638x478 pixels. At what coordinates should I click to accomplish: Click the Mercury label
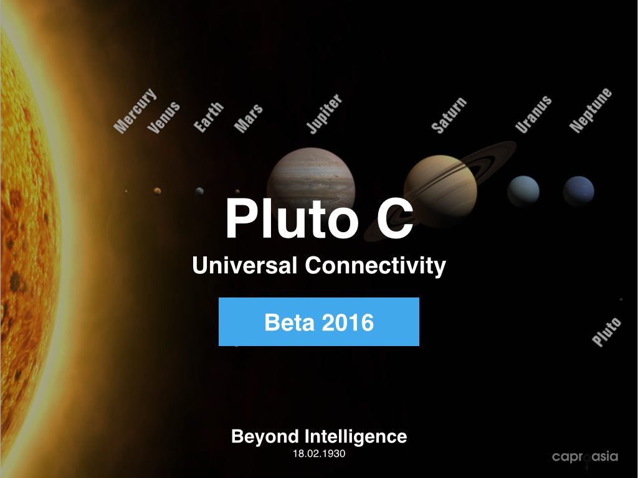click(x=135, y=111)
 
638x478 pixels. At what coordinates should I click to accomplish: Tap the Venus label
click(x=164, y=118)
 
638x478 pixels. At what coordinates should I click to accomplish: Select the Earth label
click(x=208, y=117)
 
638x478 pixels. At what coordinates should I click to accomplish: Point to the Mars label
click(x=248, y=118)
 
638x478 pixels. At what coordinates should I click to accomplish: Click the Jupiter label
click(x=324, y=113)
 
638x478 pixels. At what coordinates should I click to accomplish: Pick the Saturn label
click(x=449, y=115)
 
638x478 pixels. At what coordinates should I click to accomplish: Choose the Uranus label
click(x=533, y=115)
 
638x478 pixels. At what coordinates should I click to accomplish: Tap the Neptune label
click(x=591, y=110)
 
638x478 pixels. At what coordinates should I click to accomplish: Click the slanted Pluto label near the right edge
click(x=606, y=332)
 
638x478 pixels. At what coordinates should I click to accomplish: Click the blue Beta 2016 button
click(x=319, y=322)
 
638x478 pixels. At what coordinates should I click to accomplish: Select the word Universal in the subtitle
click(x=244, y=265)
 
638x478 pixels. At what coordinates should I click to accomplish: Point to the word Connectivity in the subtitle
click(x=376, y=266)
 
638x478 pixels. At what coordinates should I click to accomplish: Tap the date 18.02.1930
click(x=319, y=454)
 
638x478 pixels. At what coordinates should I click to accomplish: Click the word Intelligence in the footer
click(x=356, y=437)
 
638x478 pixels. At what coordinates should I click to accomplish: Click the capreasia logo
click(x=585, y=457)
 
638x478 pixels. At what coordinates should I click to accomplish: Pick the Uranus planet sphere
click(x=523, y=191)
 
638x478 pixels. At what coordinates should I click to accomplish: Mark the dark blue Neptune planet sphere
click(x=579, y=191)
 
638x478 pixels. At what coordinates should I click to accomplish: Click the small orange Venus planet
click(x=157, y=191)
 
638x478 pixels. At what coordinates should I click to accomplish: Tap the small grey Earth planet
click(x=199, y=191)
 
